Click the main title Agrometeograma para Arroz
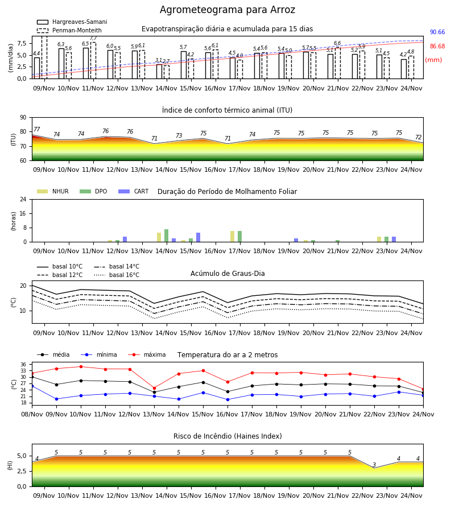(x=227, y=10)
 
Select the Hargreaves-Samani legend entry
(x=72, y=22)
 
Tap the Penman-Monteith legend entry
(x=69, y=30)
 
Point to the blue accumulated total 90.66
(x=437, y=32)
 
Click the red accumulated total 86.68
(x=437, y=47)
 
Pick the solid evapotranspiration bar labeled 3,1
(x=159, y=72)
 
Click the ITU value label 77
(x=37, y=129)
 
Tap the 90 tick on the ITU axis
(x=23, y=118)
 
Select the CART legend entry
(x=134, y=191)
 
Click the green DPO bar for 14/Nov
(x=167, y=236)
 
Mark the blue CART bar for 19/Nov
(x=296, y=240)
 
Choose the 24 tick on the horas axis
(x=23, y=199)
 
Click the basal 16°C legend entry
(x=117, y=275)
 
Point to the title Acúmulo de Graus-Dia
(x=227, y=274)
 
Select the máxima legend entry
(x=147, y=354)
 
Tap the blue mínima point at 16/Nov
(x=228, y=400)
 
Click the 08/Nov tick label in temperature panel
(x=32, y=414)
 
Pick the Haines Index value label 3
(x=374, y=465)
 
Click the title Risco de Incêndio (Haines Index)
(x=227, y=436)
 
